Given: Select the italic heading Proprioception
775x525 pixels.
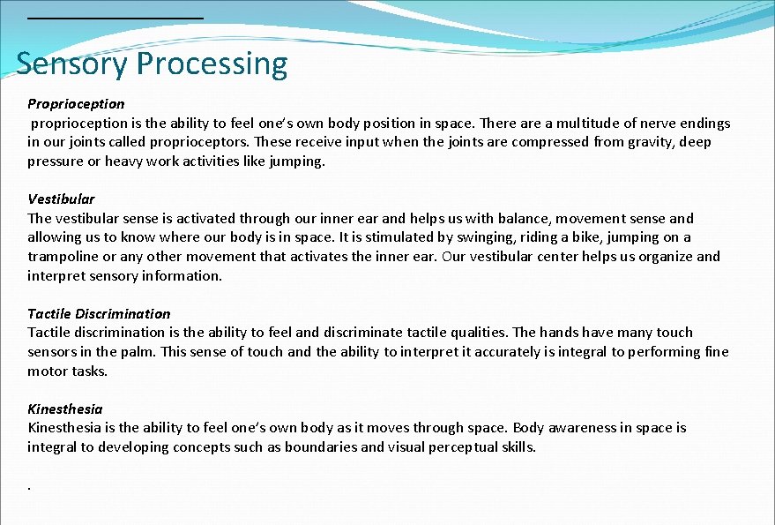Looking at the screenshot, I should click(76, 104).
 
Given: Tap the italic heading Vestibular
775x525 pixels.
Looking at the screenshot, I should click(61, 199).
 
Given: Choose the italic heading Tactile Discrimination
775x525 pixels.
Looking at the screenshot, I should click(99, 314).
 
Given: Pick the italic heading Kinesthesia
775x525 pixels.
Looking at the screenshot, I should click(64, 409).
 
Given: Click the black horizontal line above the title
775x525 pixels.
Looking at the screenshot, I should click(115, 18).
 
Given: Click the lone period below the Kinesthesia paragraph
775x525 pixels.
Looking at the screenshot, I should click(30, 486).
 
